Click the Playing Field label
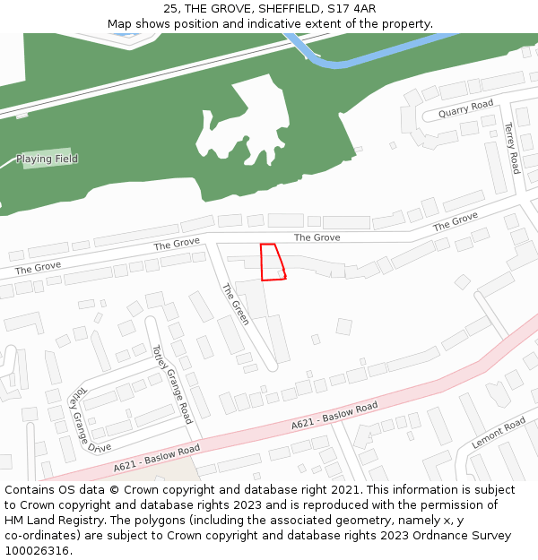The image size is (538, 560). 47,159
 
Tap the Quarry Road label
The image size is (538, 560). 466,109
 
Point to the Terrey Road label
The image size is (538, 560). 511,148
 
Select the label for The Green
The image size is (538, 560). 235,304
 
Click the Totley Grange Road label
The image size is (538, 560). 172,384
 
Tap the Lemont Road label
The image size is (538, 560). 499,434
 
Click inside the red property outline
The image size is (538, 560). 271,263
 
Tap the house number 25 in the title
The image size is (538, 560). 171,9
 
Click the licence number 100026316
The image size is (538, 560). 37,551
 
